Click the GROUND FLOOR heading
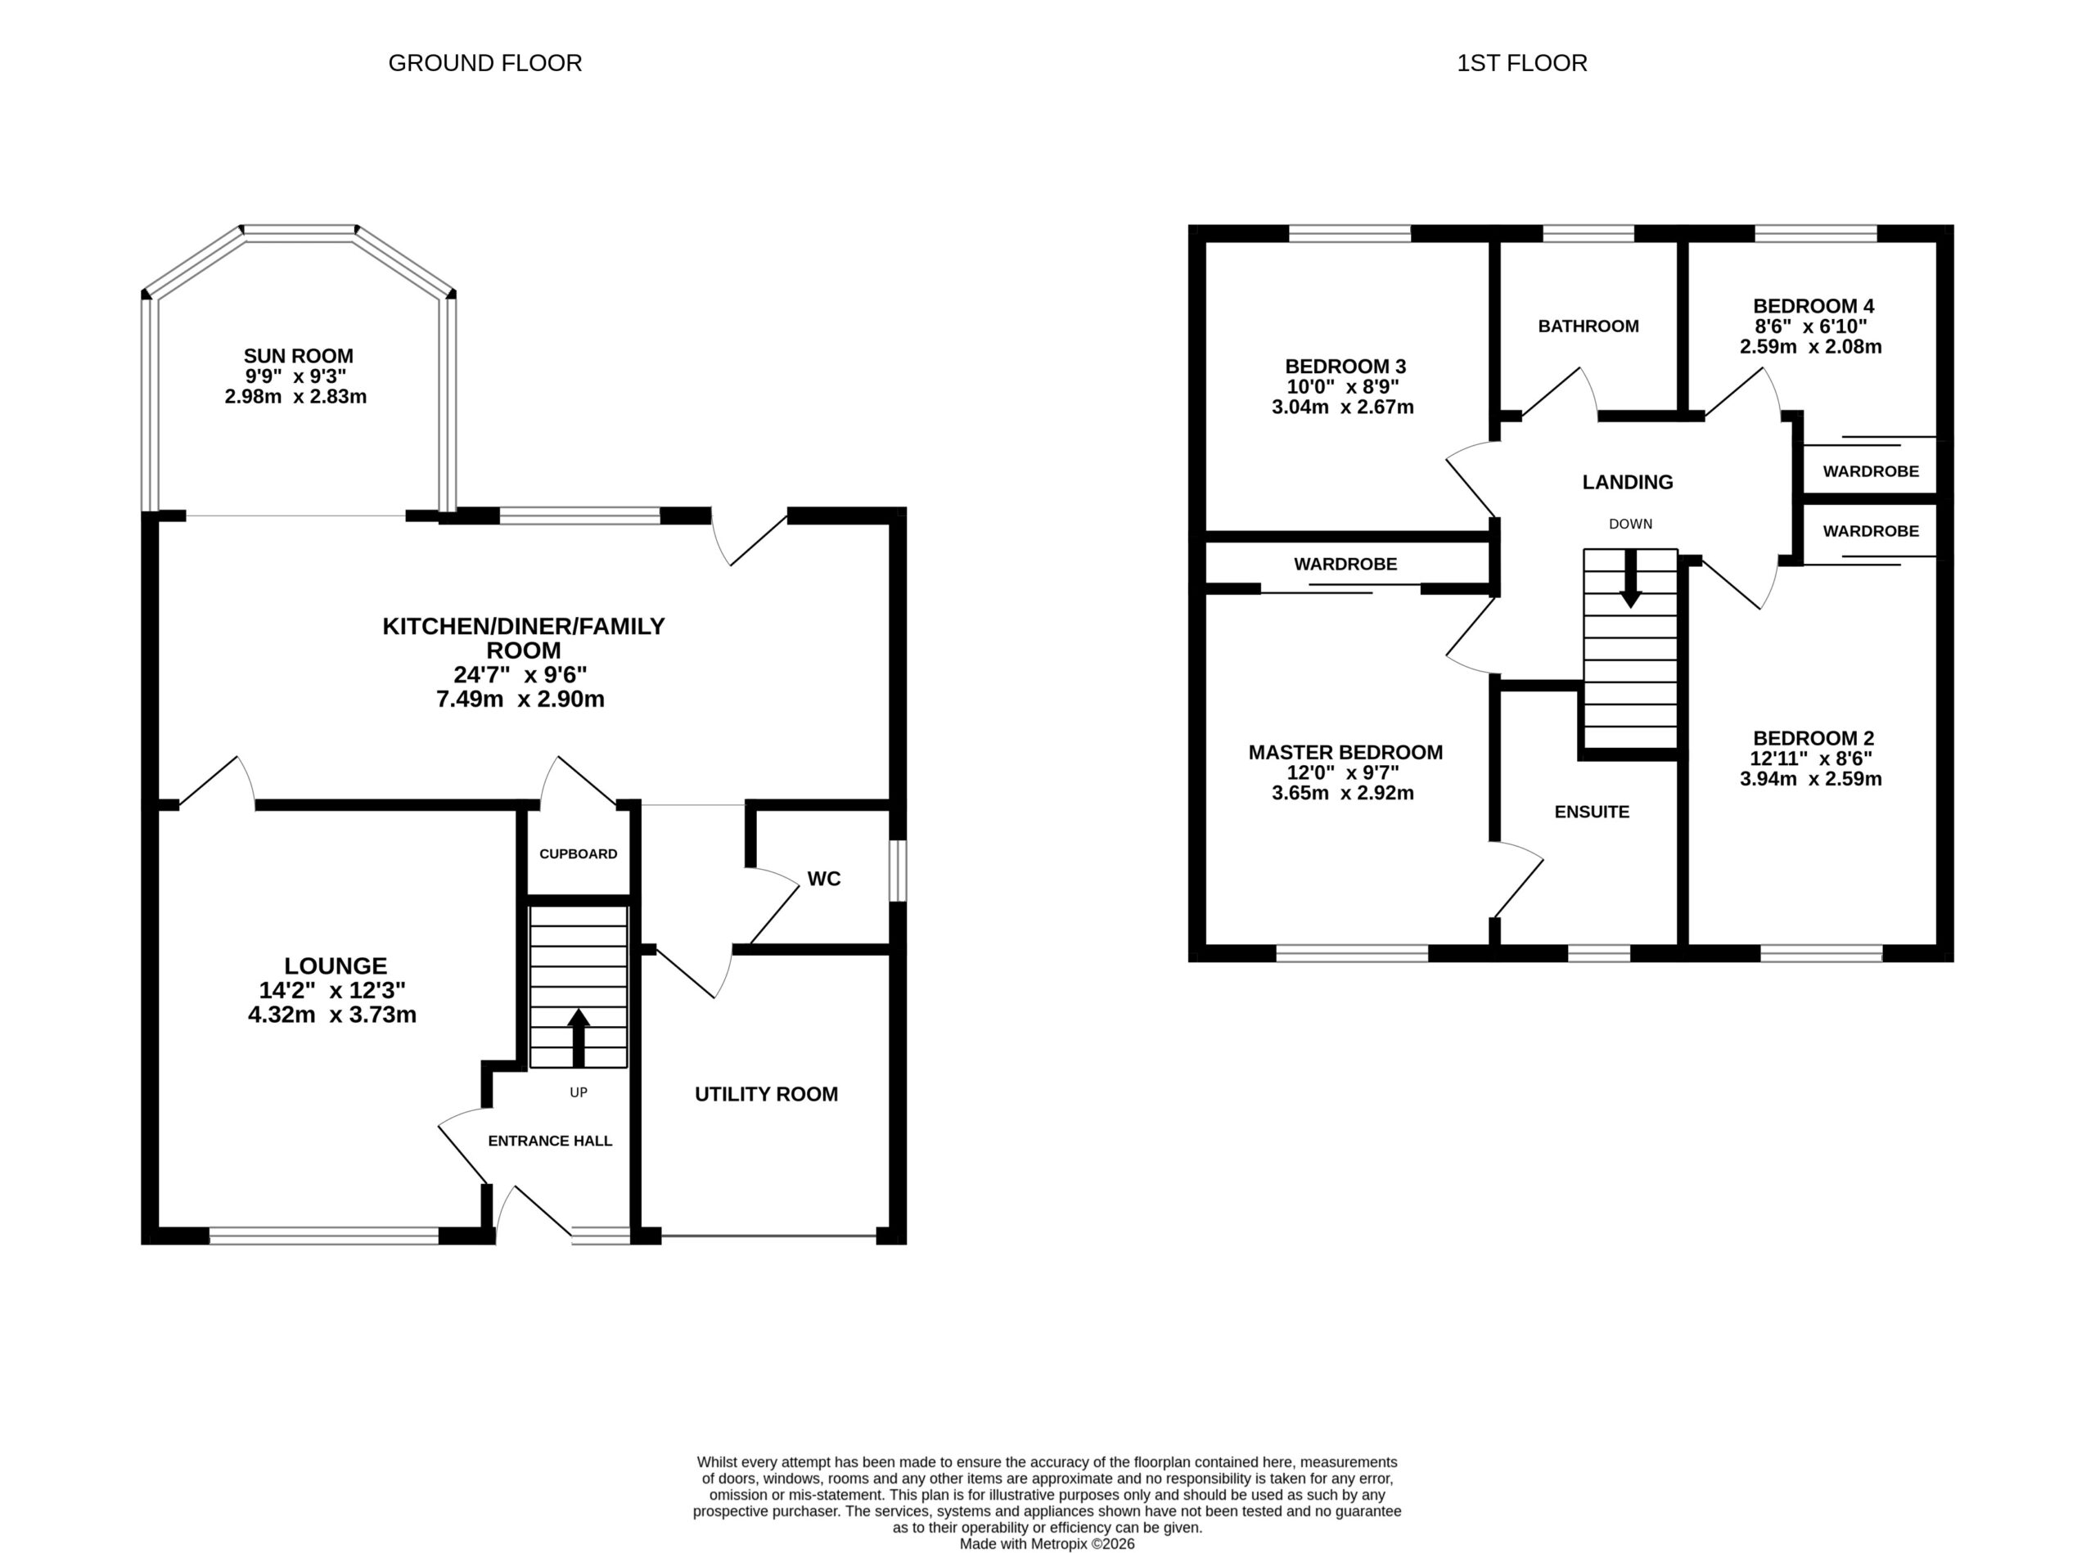click(485, 63)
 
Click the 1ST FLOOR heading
click(1521, 63)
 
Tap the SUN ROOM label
click(298, 356)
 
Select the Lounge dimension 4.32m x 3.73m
click(332, 1015)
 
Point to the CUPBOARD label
click(579, 853)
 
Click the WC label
click(824, 879)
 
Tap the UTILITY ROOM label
click(766, 1094)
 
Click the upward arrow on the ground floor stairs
click(579, 1038)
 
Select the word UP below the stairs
click(579, 1092)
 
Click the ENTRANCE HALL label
click(550, 1141)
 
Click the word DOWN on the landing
click(1630, 524)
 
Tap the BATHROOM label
click(1588, 326)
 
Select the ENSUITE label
click(1592, 813)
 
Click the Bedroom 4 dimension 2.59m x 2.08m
click(1811, 347)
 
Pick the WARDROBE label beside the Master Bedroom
click(1345, 564)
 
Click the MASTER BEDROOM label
click(1345, 752)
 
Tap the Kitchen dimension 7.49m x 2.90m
click(520, 700)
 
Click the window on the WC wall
click(899, 871)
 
